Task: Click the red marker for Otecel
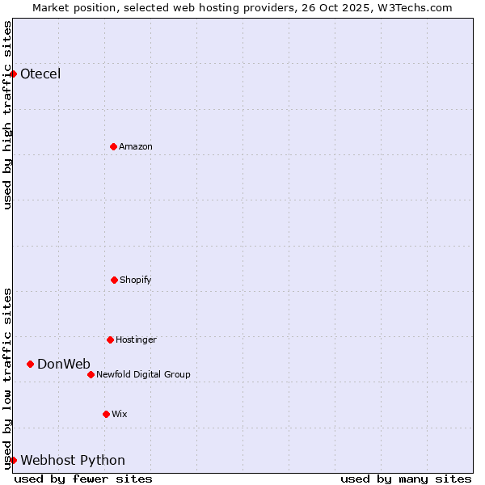[13, 74]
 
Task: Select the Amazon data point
[113, 146]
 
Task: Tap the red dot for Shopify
[114, 280]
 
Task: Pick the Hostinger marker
[110, 339]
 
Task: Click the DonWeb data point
[30, 364]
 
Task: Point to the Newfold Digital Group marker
[91, 374]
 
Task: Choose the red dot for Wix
[106, 414]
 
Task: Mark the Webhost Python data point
[13, 460]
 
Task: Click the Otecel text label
[40, 74]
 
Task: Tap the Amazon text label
[136, 146]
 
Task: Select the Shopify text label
[136, 280]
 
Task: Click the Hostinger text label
[136, 339]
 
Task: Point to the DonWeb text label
[64, 364]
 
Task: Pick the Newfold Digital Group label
[143, 374]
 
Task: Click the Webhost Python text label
[73, 460]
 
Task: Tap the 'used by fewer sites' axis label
[83, 479]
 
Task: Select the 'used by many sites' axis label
[406, 479]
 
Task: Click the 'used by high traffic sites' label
[7, 115]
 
